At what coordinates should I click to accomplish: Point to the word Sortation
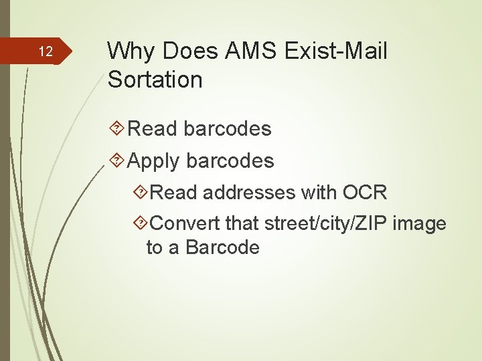pos(155,80)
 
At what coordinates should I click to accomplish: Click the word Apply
pos(153,162)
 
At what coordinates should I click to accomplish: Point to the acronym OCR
pos(365,193)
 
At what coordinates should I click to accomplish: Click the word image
pos(419,223)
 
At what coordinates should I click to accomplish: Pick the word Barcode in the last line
pos(222,247)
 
